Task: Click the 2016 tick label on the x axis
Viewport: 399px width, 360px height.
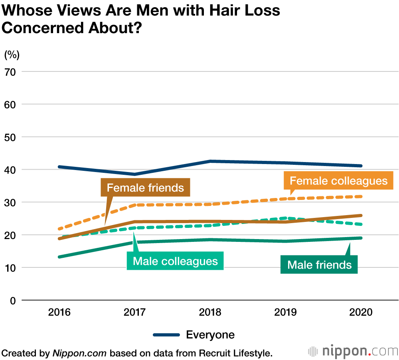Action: (x=59, y=312)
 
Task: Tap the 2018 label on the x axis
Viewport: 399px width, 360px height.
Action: (x=210, y=312)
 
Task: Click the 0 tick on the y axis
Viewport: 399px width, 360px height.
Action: (x=13, y=300)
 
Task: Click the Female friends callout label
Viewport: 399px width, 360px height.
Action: (x=146, y=188)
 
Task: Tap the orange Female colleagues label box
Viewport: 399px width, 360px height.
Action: (x=338, y=181)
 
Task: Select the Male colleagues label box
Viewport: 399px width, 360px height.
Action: (x=175, y=261)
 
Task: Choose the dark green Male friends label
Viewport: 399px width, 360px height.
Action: (x=319, y=265)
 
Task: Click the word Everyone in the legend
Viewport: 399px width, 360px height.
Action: (x=210, y=334)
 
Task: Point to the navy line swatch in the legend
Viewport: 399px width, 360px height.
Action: (x=166, y=335)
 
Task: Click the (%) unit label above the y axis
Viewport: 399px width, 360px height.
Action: (x=12, y=53)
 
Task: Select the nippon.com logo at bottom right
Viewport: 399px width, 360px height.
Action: (x=353, y=352)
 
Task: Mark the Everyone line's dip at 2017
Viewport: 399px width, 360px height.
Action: (x=135, y=174)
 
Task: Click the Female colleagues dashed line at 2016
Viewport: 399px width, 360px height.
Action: (x=59, y=229)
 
